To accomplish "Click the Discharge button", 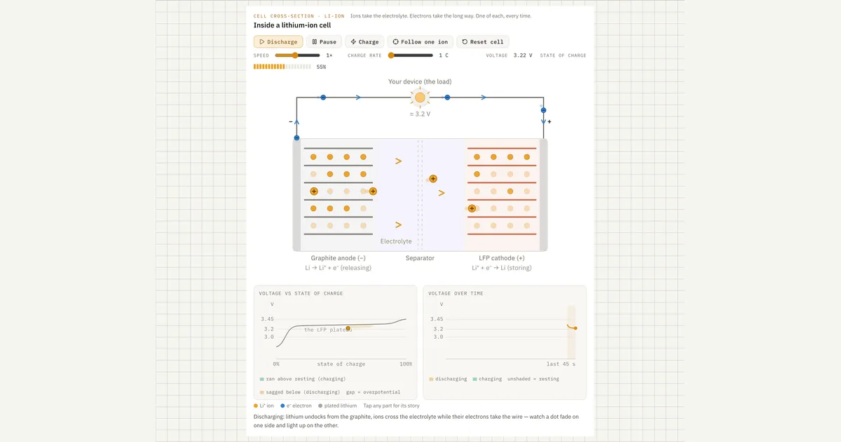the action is pyautogui.click(x=278, y=41).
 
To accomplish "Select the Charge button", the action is pyautogui.click(x=364, y=41).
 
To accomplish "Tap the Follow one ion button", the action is pyautogui.click(x=420, y=41).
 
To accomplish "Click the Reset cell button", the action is pyautogui.click(x=482, y=41).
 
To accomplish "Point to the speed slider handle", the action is pyautogui.click(x=296, y=55).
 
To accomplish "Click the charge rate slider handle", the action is pyautogui.click(x=391, y=55).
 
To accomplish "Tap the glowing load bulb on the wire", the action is pyautogui.click(x=420, y=98).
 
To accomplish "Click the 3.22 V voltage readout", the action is pyautogui.click(x=523, y=55).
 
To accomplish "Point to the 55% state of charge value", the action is pyautogui.click(x=321, y=67).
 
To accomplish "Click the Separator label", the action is pyautogui.click(x=420, y=258).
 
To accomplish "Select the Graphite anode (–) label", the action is pyautogui.click(x=338, y=258).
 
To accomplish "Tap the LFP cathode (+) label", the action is pyautogui.click(x=502, y=258).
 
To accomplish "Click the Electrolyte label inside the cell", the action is pyautogui.click(x=396, y=241).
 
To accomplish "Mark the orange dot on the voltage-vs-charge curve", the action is pyautogui.click(x=348, y=328).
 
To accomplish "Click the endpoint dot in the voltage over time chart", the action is pyautogui.click(x=575, y=328).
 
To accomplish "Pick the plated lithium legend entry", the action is pyautogui.click(x=337, y=406).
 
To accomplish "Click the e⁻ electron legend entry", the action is pyautogui.click(x=296, y=406).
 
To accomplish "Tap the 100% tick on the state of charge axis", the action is pyautogui.click(x=406, y=364).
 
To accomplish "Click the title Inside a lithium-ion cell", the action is pyautogui.click(x=292, y=25).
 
